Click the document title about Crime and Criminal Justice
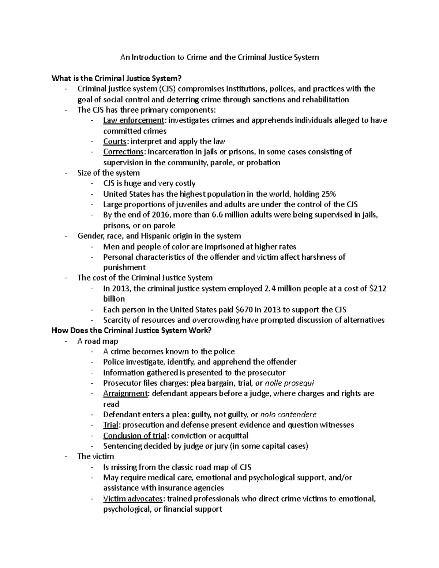[x=219, y=57]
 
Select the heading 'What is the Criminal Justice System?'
[x=117, y=78]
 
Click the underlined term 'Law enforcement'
[x=133, y=120]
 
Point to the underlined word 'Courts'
[x=115, y=142]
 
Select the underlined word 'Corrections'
[x=123, y=152]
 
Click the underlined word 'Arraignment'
[x=125, y=394]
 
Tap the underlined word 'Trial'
[x=110, y=425]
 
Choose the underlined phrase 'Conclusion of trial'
[x=135, y=436]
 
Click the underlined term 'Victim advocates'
[x=133, y=499]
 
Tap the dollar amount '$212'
[x=378, y=289]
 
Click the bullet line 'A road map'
[x=98, y=341]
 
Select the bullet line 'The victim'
[x=95, y=456]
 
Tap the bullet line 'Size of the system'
[x=108, y=173]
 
